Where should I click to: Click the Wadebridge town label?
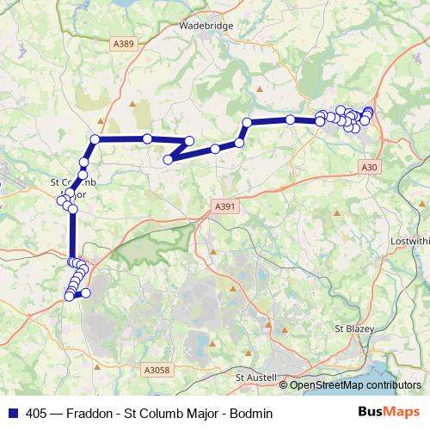(x=206, y=26)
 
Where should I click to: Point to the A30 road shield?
(x=370, y=167)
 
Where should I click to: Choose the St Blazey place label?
(x=353, y=329)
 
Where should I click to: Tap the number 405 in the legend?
(x=38, y=412)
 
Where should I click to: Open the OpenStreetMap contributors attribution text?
(x=355, y=385)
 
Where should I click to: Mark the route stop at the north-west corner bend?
(x=95, y=139)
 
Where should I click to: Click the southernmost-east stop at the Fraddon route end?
(x=85, y=293)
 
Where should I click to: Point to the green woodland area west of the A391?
(x=155, y=245)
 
